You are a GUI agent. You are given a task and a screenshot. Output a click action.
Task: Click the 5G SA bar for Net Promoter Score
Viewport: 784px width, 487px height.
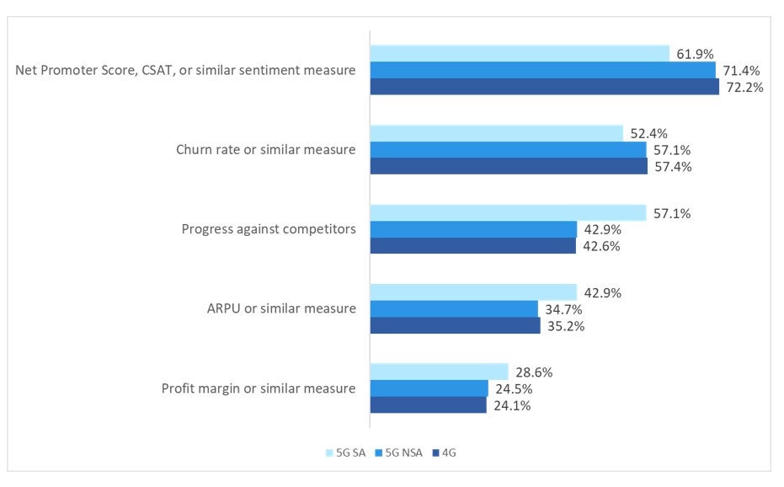coord(520,54)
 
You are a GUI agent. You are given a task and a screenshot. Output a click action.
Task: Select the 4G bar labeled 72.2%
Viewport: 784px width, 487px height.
coord(544,87)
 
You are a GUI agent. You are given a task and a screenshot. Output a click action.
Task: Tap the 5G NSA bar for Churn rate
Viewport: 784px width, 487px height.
coord(508,150)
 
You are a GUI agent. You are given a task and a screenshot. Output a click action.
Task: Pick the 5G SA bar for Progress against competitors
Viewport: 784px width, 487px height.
coord(508,213)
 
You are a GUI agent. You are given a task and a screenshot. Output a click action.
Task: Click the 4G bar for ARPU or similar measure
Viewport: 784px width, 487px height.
coord(455,325)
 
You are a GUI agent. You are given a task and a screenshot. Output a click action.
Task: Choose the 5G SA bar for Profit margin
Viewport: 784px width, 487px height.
coord(439,372)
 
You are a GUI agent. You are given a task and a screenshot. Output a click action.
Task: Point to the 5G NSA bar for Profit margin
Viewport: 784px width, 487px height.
coord(429,388)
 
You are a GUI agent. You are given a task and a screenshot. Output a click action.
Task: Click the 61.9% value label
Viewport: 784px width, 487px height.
coord(696,54)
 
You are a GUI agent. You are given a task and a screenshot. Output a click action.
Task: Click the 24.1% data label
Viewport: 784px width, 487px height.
coord(513,405)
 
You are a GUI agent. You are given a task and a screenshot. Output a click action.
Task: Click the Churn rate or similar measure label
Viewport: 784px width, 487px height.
coord(265,150)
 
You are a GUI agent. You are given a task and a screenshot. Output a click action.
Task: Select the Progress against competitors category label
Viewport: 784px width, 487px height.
coord(269,229)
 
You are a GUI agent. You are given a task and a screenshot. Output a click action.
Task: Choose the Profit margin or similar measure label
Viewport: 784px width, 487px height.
coord(259,388)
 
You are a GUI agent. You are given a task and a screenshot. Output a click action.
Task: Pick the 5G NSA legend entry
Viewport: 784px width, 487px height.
coord(399,452)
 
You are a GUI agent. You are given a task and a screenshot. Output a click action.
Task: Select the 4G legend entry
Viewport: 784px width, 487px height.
coord(445,452)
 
